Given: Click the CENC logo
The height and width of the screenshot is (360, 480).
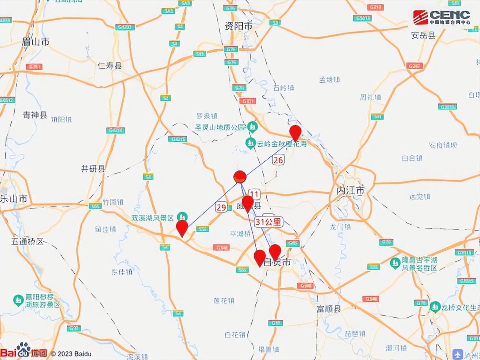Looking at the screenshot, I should click(x=441, y=17).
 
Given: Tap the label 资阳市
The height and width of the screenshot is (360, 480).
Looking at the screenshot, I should click(x=238, y=26).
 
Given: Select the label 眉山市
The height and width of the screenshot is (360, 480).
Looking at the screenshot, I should click(x=36, y=42).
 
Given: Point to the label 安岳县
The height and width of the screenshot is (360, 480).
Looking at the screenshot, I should click(x=423, y=35).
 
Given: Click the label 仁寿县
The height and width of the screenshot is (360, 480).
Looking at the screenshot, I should click(x=110, y=66).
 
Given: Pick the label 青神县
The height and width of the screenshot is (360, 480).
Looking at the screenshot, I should click(x=35, y=115).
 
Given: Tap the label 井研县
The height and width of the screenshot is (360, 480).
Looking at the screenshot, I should click(x=93, y=169).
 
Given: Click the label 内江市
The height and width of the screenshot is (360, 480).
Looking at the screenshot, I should click(x=350, y=190).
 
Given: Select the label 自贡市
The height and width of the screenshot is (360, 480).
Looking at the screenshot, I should click(x=277, y=262).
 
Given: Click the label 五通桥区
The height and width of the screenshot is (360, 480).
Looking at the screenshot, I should click(x=27, y=241).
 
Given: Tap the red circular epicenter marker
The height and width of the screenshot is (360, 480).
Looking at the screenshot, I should click(x=240, y=176).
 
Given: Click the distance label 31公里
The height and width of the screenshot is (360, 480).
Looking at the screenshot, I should click(x=268, y=222).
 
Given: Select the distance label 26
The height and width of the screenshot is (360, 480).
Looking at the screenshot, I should click(x=278, y=160).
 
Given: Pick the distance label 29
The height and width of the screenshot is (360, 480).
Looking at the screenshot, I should click(x=221, y=207).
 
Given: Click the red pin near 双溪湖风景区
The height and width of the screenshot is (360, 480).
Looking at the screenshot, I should click(x=182, y=228).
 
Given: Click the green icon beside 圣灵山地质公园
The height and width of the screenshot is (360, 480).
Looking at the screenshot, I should click(x=252, y=127).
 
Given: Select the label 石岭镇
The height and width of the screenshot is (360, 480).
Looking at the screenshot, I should click(x=283, y=88).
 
